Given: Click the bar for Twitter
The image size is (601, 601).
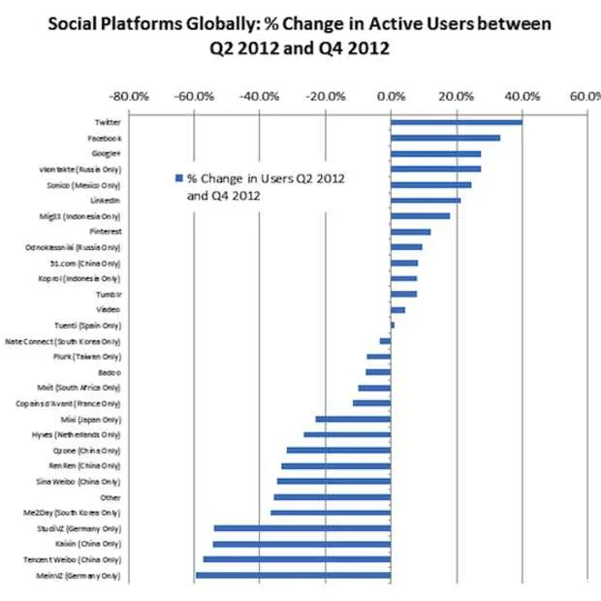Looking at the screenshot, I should (x=456, y=122).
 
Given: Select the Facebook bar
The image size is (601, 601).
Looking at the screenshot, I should (x=445, y=138).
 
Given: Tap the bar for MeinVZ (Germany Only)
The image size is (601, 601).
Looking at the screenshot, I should (x=293, y=576).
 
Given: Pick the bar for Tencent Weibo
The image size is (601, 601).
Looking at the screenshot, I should (x=297, y=560).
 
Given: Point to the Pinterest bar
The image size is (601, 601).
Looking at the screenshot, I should (x=410, y=232).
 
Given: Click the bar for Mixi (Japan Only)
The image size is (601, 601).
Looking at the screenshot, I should (x=353, y=419).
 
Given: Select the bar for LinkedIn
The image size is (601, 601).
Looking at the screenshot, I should (x=425, y=201).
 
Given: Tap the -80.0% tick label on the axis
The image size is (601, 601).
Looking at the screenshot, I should (x=128, y=96).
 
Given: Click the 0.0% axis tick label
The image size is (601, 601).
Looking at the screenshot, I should (x=391, y=96).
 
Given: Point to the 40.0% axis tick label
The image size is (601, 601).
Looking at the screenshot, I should (x=522, y=96).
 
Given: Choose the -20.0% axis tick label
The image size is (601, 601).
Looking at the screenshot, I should (x=325, y=96).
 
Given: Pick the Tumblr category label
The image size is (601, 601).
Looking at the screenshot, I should (x=108, y=294).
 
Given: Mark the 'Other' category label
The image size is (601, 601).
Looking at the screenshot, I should (x=111, y=497).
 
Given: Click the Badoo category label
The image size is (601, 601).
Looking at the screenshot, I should (x=109, y=372).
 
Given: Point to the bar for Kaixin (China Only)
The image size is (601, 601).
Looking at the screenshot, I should (x=301, y=544).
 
